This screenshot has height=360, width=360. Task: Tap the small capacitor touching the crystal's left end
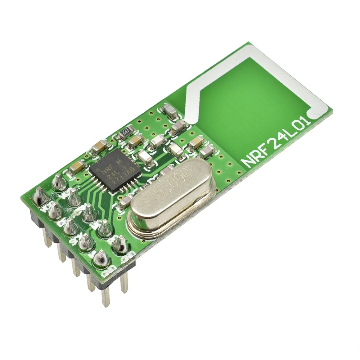(x=126, y=202)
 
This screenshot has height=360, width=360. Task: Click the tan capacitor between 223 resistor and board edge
(x=100, y=146)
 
